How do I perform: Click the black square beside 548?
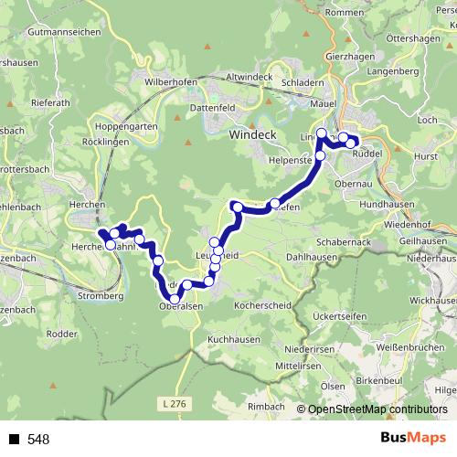[x=14, y=440]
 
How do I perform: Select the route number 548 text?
[x=38, y=440]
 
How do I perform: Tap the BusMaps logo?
[x=412, y=438]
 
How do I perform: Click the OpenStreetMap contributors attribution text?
[x=378, y=410]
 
